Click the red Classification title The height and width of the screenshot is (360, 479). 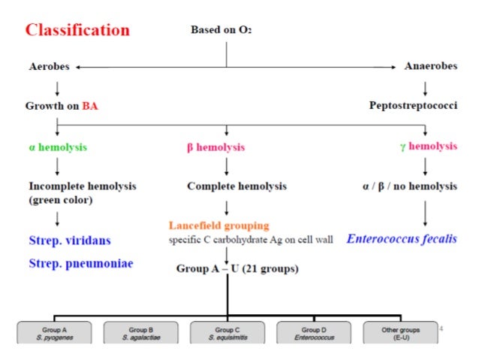tap(77, 31)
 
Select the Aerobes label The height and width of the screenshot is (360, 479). tap(49, 67)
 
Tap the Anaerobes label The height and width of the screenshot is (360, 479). tap(430, 67)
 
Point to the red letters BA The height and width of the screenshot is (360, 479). tap(91, 106)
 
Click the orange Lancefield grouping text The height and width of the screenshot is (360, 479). tap(218, 225)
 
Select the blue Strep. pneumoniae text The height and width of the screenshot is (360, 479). tap(81, 264)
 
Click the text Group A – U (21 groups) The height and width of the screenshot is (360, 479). tap(236, 268)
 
